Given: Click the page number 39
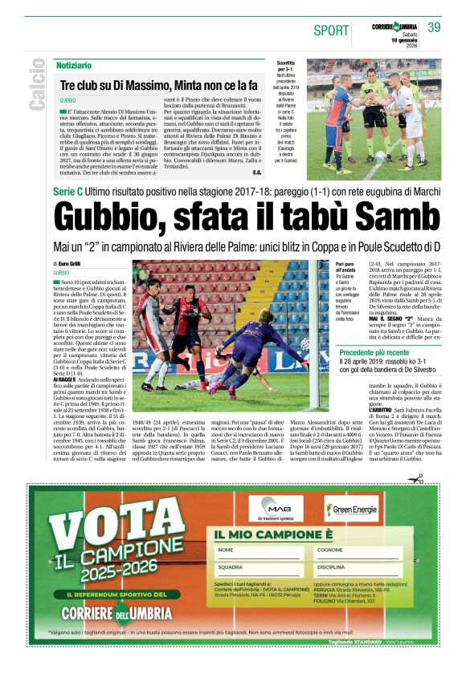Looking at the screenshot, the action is click(x=435, y=28).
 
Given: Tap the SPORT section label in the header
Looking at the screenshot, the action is click(x=331, y=30).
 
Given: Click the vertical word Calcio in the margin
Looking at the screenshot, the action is click(x=37, y=85).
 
